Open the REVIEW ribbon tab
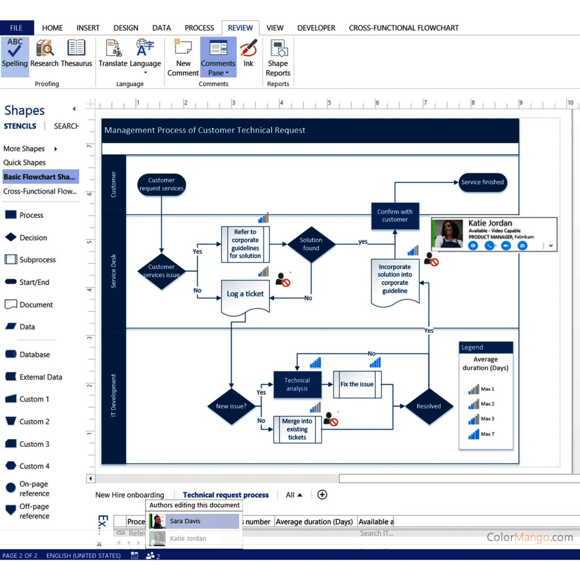click(x=240, y=28)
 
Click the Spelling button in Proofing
click(x=15, y=54)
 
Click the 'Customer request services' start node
click(x=161, y=185)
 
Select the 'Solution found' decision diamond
click(x=311, y=244)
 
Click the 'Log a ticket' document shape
click(x=245, y=295)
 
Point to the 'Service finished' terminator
click(x=482, y=182)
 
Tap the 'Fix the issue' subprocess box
click(x=357, y=385)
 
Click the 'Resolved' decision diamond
click(x=429, y=406)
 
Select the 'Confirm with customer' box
click(x=395, y=215)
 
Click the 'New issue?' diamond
click(x=231, y=406)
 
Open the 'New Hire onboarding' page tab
click(x=130, y=495)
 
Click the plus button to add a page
click(x=322, y=494)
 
